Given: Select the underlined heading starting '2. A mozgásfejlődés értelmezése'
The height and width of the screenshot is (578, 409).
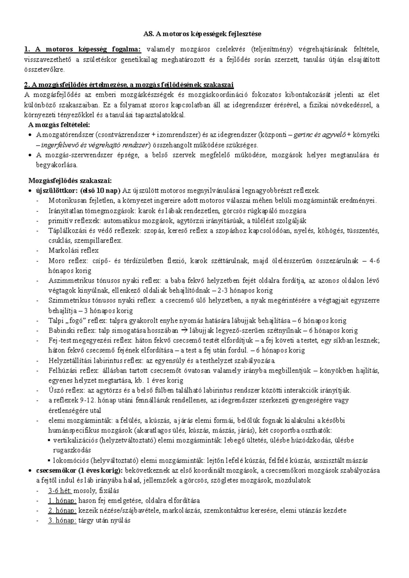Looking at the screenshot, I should point(129,85).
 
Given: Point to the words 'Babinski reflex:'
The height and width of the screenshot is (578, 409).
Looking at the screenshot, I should point(73,330).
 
